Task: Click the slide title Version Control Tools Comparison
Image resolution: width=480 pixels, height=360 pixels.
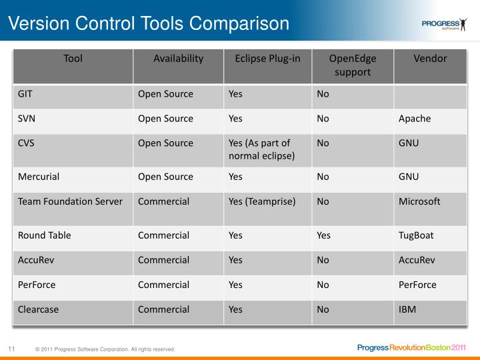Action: point(149,24)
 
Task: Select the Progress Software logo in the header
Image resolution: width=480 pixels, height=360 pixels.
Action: point(445,25)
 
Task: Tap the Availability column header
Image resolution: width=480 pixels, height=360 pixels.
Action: point(178,59)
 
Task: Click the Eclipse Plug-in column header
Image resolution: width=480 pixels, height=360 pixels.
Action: point(267,59)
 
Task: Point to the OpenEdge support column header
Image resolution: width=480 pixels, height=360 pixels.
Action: point(353,65)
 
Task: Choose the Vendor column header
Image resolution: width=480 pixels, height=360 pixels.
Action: point(430,59)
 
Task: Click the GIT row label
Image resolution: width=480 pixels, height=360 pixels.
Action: point(25,94)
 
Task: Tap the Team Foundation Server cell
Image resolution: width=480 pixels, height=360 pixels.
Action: point(70,201)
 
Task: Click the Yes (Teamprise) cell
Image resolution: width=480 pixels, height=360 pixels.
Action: point(262,201)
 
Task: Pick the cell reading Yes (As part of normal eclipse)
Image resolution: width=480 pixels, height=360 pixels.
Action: point(259,149)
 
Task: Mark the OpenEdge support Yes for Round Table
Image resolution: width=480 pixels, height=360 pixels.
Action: point(323,235)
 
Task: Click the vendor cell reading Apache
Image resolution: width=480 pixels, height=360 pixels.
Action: point(415,119)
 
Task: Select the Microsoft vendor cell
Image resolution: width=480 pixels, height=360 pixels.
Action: point(419,201)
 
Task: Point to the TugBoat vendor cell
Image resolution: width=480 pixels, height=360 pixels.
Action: point(417,235)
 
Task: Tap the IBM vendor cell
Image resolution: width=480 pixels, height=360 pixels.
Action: point(408,309)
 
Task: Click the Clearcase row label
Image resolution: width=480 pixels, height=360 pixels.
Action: point(38,309)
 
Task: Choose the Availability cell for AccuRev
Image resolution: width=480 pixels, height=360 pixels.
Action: point(163,260)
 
